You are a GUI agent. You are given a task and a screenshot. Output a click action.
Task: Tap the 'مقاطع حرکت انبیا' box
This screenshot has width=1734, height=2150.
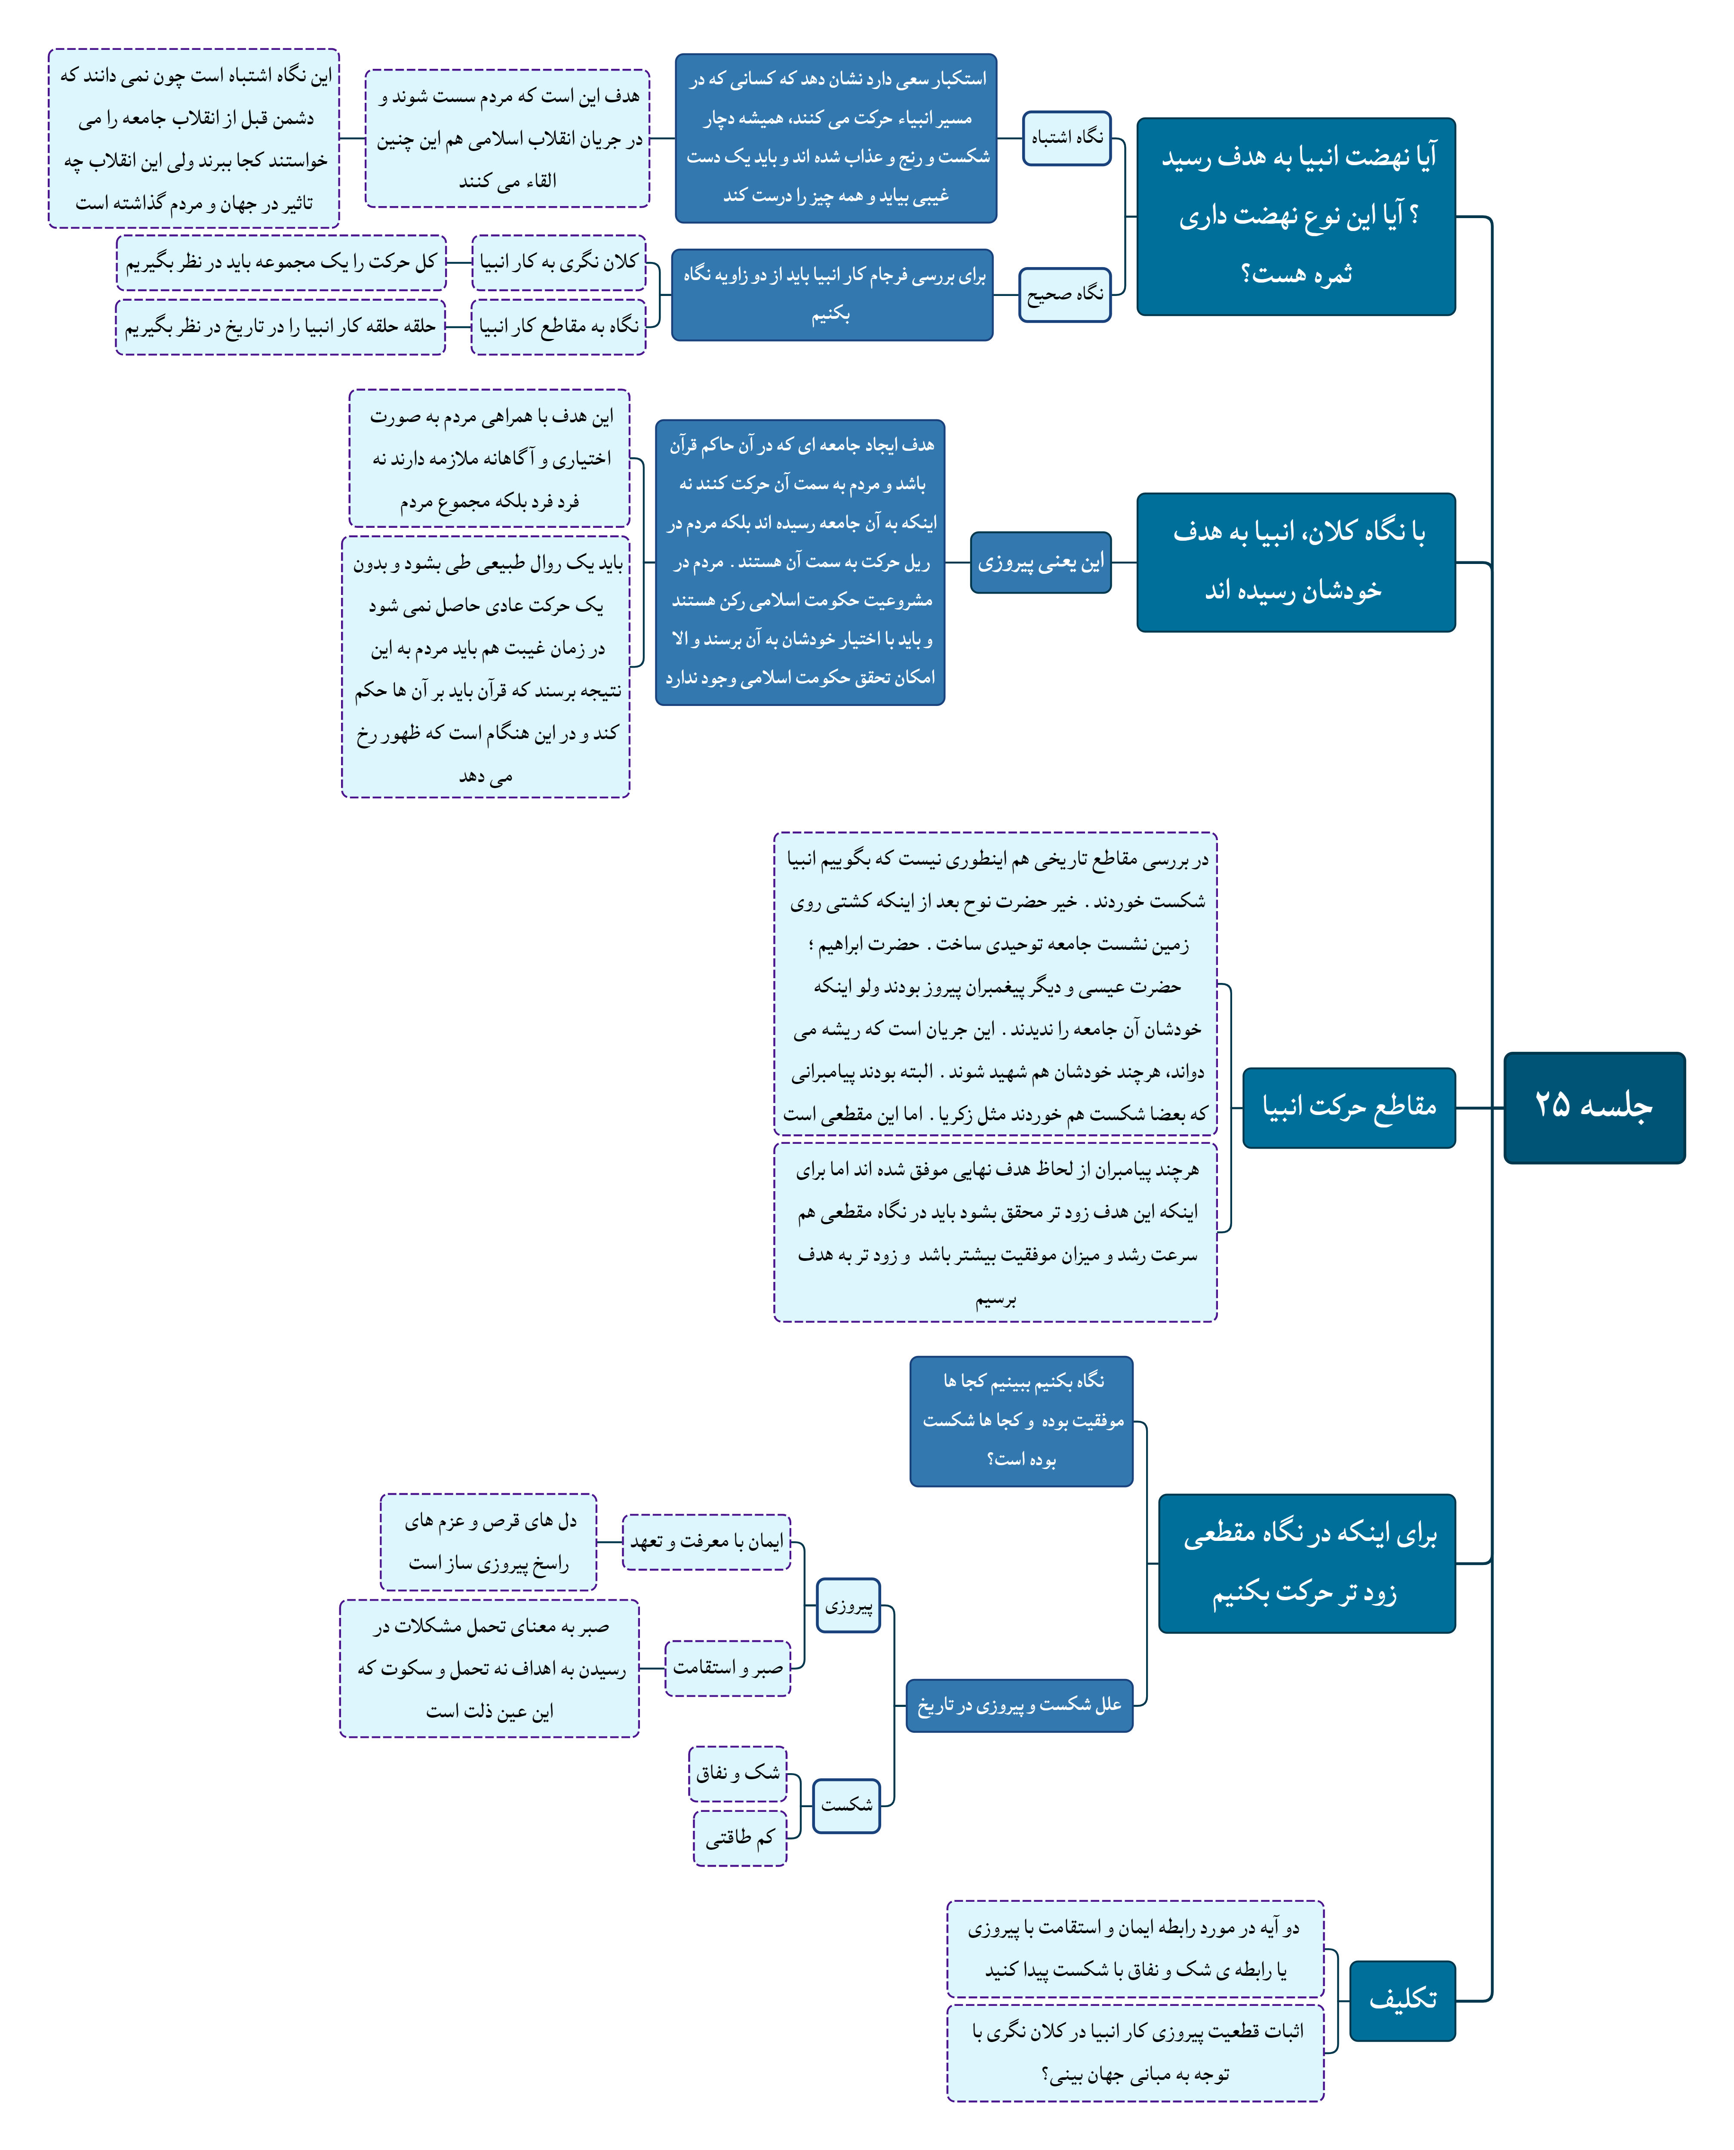1348,1107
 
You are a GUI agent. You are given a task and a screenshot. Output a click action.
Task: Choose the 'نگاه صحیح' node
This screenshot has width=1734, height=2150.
1065,294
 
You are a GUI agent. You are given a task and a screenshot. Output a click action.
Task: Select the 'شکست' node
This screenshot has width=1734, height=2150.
846,1805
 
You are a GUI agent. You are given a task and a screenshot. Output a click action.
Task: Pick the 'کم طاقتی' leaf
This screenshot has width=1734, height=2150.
740,1837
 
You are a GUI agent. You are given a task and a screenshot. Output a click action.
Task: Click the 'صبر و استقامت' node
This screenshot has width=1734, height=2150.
727,1667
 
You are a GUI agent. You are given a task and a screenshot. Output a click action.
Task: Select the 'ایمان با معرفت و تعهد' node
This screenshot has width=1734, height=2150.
706,1542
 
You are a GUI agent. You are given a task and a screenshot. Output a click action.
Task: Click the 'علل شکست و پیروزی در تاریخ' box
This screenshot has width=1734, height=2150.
1019,1704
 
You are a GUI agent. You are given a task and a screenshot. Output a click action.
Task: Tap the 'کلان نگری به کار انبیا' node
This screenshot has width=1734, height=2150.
558,262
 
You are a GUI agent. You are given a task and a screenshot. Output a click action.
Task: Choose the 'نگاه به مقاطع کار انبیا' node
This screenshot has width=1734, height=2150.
558,326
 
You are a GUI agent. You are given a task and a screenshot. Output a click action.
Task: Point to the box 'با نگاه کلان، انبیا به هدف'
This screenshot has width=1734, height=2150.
1295,561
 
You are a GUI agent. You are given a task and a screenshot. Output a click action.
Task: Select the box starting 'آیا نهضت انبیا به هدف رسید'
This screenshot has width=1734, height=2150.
1295,216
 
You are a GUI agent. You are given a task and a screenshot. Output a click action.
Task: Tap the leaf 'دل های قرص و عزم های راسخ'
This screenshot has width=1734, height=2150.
489,1542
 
